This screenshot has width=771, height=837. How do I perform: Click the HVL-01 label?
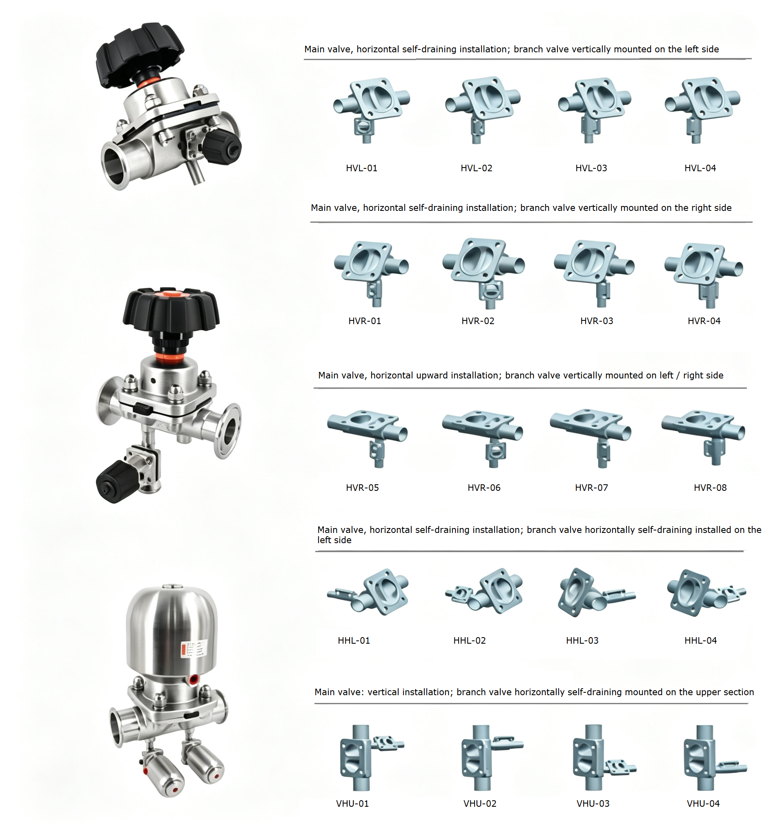click(361, 168)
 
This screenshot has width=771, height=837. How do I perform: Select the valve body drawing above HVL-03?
click(595, 110)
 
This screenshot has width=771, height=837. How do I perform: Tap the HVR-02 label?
click(478, 320)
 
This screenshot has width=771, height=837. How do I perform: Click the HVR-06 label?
click(484, 487)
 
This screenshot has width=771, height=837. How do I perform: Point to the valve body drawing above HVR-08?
click(703, 436)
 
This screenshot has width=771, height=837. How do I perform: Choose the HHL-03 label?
click(582, 640)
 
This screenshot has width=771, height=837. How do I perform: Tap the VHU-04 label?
click(703, 803)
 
